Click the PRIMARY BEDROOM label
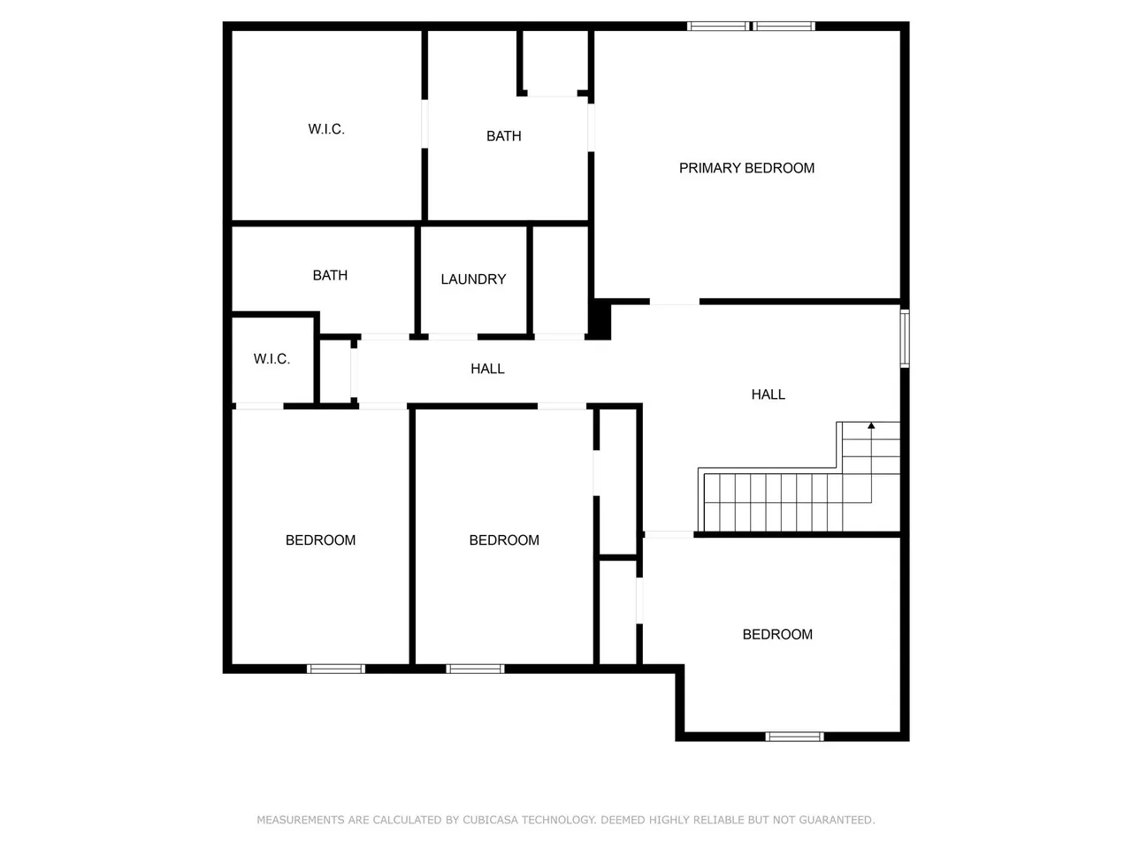(x=746, y=168)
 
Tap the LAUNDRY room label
(x=473, y=279)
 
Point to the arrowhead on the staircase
(x=871, y=426)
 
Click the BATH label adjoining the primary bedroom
(x=504, y=136)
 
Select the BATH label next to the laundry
(x=330, y=276)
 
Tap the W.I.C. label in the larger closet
(x=326, y=129)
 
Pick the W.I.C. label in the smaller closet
(x=272, y=359)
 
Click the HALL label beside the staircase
(x=768, y=394)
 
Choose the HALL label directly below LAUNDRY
(x=487, y=369)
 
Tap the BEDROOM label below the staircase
(x=777, y=634)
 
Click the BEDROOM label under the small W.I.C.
(x=320, y=540)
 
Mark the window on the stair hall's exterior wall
(x=905, y=338)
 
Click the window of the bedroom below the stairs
(x=794, y=736)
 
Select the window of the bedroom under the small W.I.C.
(x=336, y=669)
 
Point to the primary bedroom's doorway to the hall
(x=674, y=302)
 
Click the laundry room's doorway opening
(x=453, y=337)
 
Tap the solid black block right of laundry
(x=600, y=320)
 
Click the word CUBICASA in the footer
(x=490, y=820)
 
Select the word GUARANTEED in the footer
(x=837, y=820)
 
